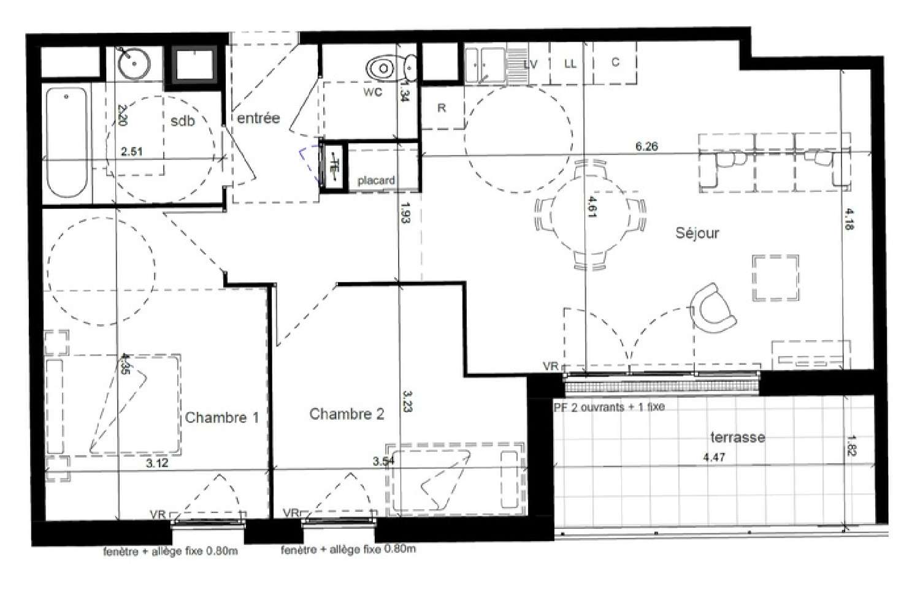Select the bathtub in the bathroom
pos(66,142)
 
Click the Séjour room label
pos(697,233)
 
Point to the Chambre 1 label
pos(221,418)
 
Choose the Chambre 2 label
pos(347,414)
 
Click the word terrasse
pos(737,438)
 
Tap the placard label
pos(376,181)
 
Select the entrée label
pos(258,118)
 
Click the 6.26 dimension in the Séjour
pos(646,146)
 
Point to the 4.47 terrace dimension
pos(715,457)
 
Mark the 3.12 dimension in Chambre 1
pos(157,463)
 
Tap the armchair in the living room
pos(713,307)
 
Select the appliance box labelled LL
pos(570,64)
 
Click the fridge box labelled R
pos(442,108)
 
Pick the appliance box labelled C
pos(615,63)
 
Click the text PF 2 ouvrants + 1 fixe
pos(608,407)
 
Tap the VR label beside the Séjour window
pos(551,366)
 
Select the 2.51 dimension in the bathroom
pos(132,151)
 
